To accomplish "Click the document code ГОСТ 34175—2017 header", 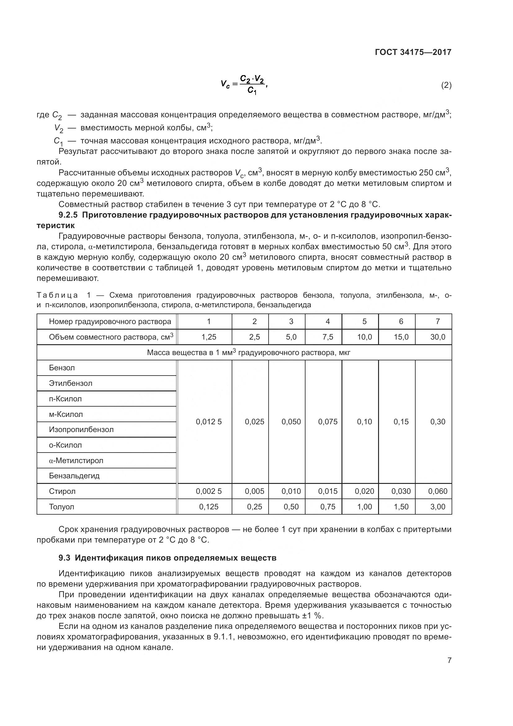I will tap(413, 52).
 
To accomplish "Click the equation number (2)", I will tap(446, 85).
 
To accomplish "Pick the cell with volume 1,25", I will tap(209, 337).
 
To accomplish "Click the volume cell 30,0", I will tap(438, 337).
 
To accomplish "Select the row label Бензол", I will tap(62, 368).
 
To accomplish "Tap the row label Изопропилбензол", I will tap(81, 429).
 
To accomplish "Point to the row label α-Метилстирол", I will tap(76, 460).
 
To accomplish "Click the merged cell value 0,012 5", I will tap(209, 422).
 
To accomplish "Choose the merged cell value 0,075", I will tap(328, 422).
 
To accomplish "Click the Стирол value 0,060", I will tap(438, 491).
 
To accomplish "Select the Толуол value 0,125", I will tap(209, 507).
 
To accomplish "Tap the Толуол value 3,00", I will tap(438, 507).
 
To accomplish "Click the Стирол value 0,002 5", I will tap(209, 491).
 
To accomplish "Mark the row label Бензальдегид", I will tap(74, 476).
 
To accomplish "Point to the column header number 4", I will tap(328, 322).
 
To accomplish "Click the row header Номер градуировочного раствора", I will tap(110, 322).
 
